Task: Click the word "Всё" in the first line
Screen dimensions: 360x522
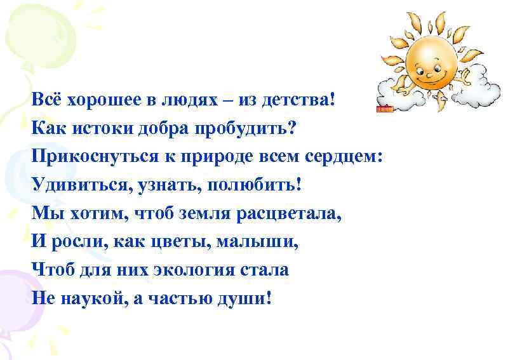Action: point(45,100)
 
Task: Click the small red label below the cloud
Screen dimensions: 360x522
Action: point(385,109)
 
